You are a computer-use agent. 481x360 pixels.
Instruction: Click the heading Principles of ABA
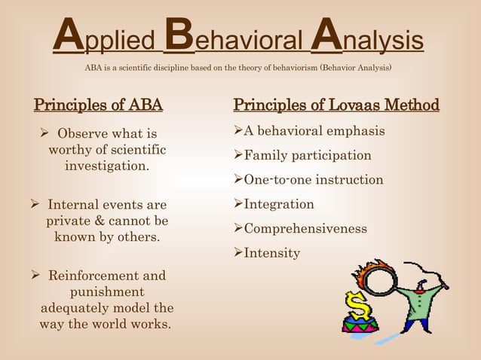[98, 104]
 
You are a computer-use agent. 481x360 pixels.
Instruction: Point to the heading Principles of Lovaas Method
[336, 104]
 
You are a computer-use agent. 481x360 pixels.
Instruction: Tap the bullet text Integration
[279, 204]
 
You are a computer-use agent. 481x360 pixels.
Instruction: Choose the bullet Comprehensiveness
[305, 228]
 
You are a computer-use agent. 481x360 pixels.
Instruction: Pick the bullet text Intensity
[271, 253]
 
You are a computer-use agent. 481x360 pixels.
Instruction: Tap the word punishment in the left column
[107, 292]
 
